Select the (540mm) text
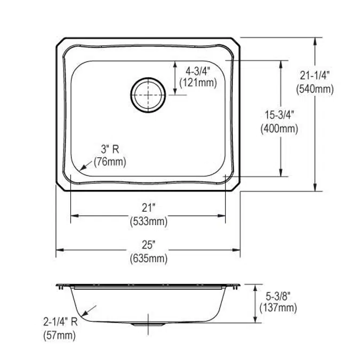point(315,90)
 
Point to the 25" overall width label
point(148,245)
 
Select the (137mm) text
point(278,308)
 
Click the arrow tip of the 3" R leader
point(78,170)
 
